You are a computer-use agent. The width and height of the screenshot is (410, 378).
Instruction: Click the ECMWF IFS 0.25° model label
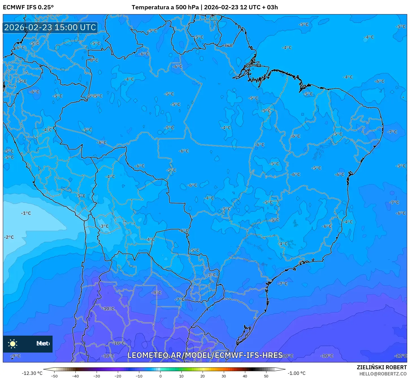pos(28,7)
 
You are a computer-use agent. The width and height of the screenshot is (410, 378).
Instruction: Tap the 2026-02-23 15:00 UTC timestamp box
pos(50,27)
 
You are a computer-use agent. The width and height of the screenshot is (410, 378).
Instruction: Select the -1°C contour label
pos(26,213)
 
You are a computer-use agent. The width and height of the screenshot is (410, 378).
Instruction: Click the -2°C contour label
pos(9,237)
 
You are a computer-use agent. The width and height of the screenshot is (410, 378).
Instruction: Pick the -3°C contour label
pos(104,226)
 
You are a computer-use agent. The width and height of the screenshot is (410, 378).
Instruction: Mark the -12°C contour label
pos(401,356)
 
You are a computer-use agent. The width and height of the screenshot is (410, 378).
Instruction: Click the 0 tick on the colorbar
pos(160,376)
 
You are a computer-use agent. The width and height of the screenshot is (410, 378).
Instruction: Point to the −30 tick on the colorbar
pos(97,376)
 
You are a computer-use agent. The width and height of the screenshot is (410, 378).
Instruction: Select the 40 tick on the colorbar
pos(245,376)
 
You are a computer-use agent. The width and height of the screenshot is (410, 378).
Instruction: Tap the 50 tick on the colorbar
pos(266,376)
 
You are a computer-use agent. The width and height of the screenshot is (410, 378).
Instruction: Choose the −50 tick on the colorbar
pos(54,376)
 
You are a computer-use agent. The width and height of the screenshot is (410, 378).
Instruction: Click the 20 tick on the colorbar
pos(202,376)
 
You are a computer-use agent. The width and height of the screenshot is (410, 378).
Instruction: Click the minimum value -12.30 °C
pos(32,373)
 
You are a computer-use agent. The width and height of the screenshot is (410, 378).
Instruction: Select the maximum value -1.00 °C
pos(296,373)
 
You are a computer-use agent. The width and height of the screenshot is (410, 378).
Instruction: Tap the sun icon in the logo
pos(13,344)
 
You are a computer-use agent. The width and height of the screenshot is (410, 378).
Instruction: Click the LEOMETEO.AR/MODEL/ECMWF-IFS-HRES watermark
pos(205,355)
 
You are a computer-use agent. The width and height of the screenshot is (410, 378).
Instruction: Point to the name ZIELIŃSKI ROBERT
pos(381,368)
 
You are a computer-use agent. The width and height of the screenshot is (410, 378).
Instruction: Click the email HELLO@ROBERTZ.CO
pos(383,374)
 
